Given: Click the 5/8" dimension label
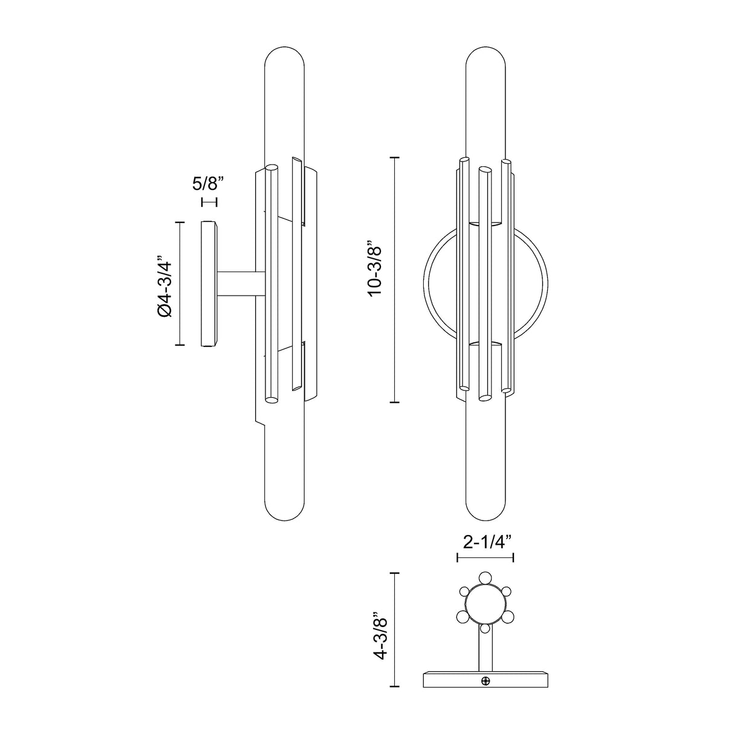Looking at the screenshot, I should coord(209,181).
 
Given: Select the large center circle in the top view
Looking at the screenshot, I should coord(485,605).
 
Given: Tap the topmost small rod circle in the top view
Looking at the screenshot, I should coord(485,577).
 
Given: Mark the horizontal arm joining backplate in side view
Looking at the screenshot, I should coord(240,283).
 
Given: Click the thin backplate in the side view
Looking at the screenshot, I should coord(209,283).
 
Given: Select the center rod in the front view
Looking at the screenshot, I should coord(485,284).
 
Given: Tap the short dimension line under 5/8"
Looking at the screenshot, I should coord(209,202).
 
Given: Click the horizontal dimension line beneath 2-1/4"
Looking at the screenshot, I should coord(485,557).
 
